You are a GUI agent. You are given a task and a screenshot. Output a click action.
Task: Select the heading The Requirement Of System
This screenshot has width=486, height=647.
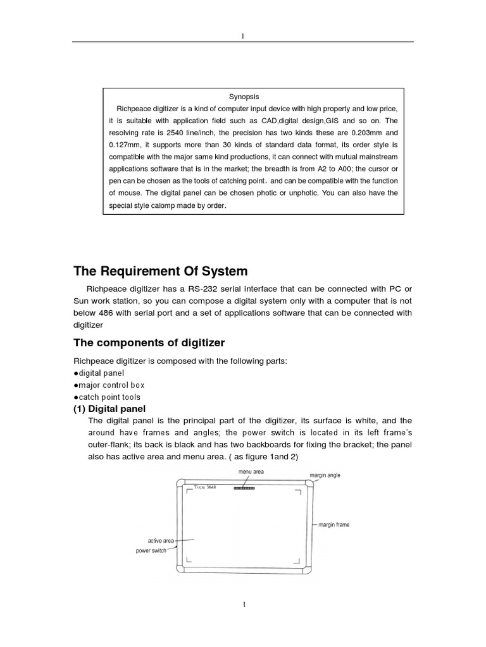click(161, 271)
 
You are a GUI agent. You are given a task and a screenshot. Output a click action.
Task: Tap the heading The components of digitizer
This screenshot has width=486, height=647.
click(149, 342)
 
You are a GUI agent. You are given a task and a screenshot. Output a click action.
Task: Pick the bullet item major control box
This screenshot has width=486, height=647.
click(109, 385)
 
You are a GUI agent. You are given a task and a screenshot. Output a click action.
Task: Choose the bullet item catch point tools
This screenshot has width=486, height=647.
click(107, 397)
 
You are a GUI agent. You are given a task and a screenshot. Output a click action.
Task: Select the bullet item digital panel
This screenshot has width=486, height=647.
click(99, 373)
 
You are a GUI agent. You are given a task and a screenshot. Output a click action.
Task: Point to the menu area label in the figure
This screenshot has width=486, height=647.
click(251, 471)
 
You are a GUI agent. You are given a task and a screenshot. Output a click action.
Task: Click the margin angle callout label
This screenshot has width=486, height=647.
click(325, 475)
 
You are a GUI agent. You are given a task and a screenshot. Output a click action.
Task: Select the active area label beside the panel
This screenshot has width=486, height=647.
click(161, 541)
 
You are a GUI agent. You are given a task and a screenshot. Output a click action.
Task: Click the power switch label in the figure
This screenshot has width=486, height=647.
click(151, 551)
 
